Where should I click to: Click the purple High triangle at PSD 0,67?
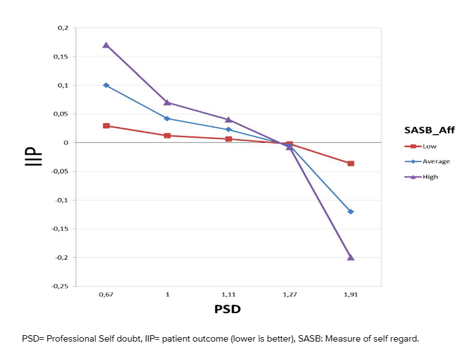point(106,45)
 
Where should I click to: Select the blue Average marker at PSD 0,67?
point(106,85)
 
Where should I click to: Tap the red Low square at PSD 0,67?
point(106,126)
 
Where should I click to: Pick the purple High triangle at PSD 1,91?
point(351,257)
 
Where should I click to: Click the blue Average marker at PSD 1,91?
point(351,211)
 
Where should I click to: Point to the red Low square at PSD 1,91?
point(351,163)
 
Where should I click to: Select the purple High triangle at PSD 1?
point(167,102)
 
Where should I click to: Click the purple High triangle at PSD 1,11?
point(228,119)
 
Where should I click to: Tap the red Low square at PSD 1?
point(167,135)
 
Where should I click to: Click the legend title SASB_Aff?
point(429,130)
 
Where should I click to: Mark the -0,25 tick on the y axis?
point(60,286)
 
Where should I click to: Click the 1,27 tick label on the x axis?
point(289,295)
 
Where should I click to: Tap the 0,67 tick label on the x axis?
point(106,295)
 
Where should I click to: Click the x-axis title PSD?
point(228,309)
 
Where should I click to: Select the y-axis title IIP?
point(34,157)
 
